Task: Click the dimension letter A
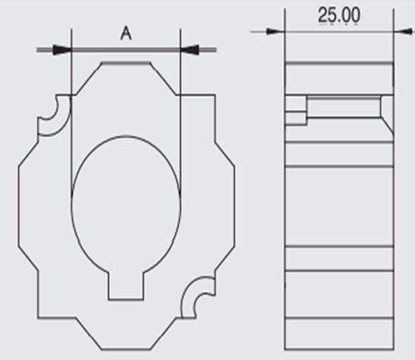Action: (x=126, y=33)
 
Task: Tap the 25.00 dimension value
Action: (x=339, y=15)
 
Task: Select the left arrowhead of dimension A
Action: (x=62, y=50)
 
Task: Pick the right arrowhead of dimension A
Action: (x=190, y=50)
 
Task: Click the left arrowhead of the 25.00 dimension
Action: (x=275, y=32)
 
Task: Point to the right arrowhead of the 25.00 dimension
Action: (x=403, y=32)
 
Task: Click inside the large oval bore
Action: (x=126, y=204)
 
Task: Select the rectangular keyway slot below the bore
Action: (x=126, y=286)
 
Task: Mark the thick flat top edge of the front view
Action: (x=126, y=63)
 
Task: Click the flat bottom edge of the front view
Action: (x=126, y=349)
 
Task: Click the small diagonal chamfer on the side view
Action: (x=388, y=126)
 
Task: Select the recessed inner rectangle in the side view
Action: (x=344, y=107)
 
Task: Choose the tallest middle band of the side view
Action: (x=339, y=206)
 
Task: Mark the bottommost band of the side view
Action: (x=339, y=333)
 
